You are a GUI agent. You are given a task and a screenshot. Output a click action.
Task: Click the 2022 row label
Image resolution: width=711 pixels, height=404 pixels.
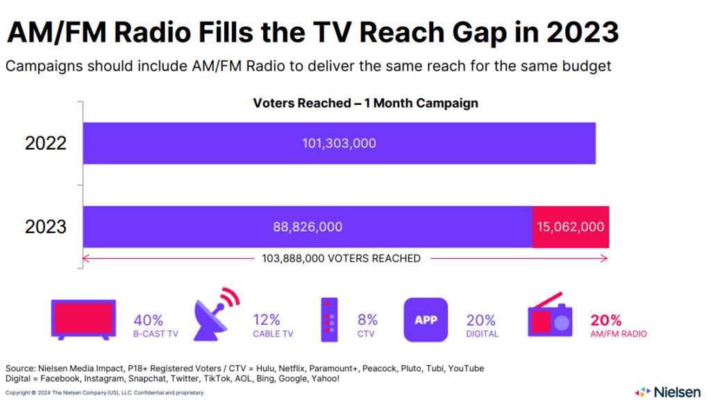pos(46,144)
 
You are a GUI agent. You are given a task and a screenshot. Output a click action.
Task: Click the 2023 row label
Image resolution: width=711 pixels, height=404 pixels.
pos(46,227)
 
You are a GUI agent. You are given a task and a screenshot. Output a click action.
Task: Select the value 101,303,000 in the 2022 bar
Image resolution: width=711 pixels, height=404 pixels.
pos(339,144)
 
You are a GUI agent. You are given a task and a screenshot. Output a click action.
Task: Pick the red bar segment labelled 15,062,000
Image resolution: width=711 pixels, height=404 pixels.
pos(571,227)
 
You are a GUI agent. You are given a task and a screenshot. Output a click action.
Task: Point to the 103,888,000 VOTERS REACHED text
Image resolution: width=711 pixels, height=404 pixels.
pos(341,258)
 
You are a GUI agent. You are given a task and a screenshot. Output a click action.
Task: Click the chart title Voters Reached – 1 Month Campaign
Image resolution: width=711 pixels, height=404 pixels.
pos(365,103)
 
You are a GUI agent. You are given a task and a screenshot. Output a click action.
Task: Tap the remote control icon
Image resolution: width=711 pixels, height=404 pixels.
pos(328,320)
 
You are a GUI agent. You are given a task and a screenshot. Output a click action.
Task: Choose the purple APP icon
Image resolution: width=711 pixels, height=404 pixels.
pos(426,320)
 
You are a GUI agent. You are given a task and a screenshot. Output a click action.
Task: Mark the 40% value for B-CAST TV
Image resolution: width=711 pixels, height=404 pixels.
pos(148,320)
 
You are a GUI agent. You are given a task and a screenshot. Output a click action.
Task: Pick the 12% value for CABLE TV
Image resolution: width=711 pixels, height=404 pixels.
pos(267,320)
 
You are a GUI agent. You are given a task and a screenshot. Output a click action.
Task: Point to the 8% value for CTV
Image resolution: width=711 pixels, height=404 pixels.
pos(368,320)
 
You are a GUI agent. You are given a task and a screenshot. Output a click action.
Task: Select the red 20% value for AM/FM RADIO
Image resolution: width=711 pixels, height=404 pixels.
pos(605,320)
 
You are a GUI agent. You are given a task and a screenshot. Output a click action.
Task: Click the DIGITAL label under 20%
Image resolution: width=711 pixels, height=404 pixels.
pos(483,334)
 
